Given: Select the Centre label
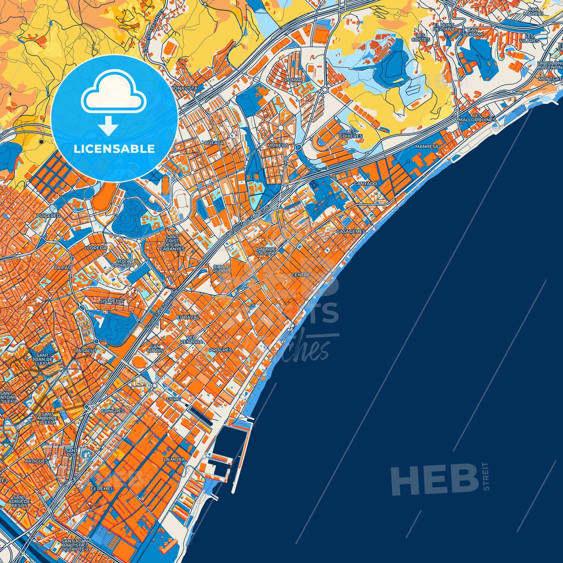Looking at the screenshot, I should point(302,275).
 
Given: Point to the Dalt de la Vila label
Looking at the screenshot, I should point(266,251).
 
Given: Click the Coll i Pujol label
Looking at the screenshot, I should point(221,268).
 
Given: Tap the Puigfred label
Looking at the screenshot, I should point(49,216).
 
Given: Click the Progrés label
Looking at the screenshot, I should point(220,350).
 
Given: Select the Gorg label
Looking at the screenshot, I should point(173,399).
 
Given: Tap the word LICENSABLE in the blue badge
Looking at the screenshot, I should point(114,149).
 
